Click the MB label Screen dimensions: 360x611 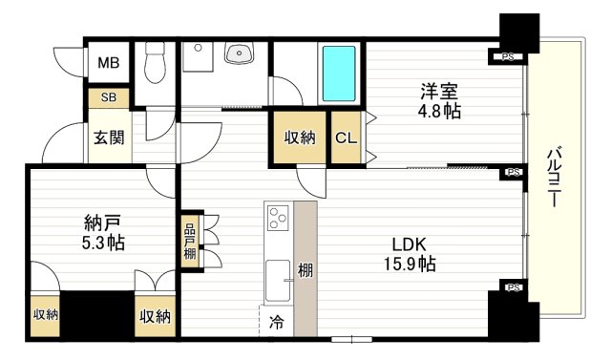(x=107, y=64)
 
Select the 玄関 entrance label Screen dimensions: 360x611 (x=108, y=137)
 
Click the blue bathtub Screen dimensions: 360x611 (x=339, y=74)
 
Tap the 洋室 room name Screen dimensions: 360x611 (x=440, y=93)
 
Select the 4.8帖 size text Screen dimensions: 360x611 (x=440, y=112)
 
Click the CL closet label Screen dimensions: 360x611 (x=346, y=137)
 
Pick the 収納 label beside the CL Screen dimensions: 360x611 (x=300, y=137)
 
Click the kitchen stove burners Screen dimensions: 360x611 (x=279, y=218)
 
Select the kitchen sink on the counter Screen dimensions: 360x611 (x=278, y=280)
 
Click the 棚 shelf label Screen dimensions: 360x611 (x=305, y=270)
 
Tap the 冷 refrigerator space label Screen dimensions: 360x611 (x=275, y=322)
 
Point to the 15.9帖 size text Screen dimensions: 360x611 (x=411, y=265)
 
